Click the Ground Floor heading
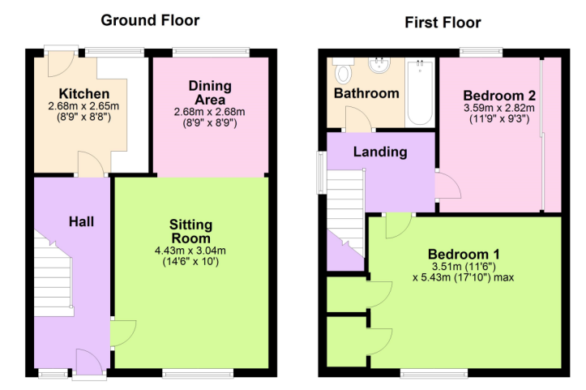(150, 20)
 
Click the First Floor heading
(443, 23)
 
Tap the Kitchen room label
(84, 93)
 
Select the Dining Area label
(210, 92)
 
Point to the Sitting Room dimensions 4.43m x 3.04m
(190, 251)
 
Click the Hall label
(81, 221)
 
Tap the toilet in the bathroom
(343, 71)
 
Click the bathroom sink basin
(379, 65)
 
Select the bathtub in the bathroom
(420, 92)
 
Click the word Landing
(380, 152)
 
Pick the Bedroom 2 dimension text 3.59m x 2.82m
(499, 108)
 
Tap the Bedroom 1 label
(464, 255)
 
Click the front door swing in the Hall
(89, 361)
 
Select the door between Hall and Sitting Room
(123, 333)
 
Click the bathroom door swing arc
(358, 118)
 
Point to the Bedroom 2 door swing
(448, 186)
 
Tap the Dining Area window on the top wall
(211, 53)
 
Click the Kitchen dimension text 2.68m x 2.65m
(83, 106)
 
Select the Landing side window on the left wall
(322, 173)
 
